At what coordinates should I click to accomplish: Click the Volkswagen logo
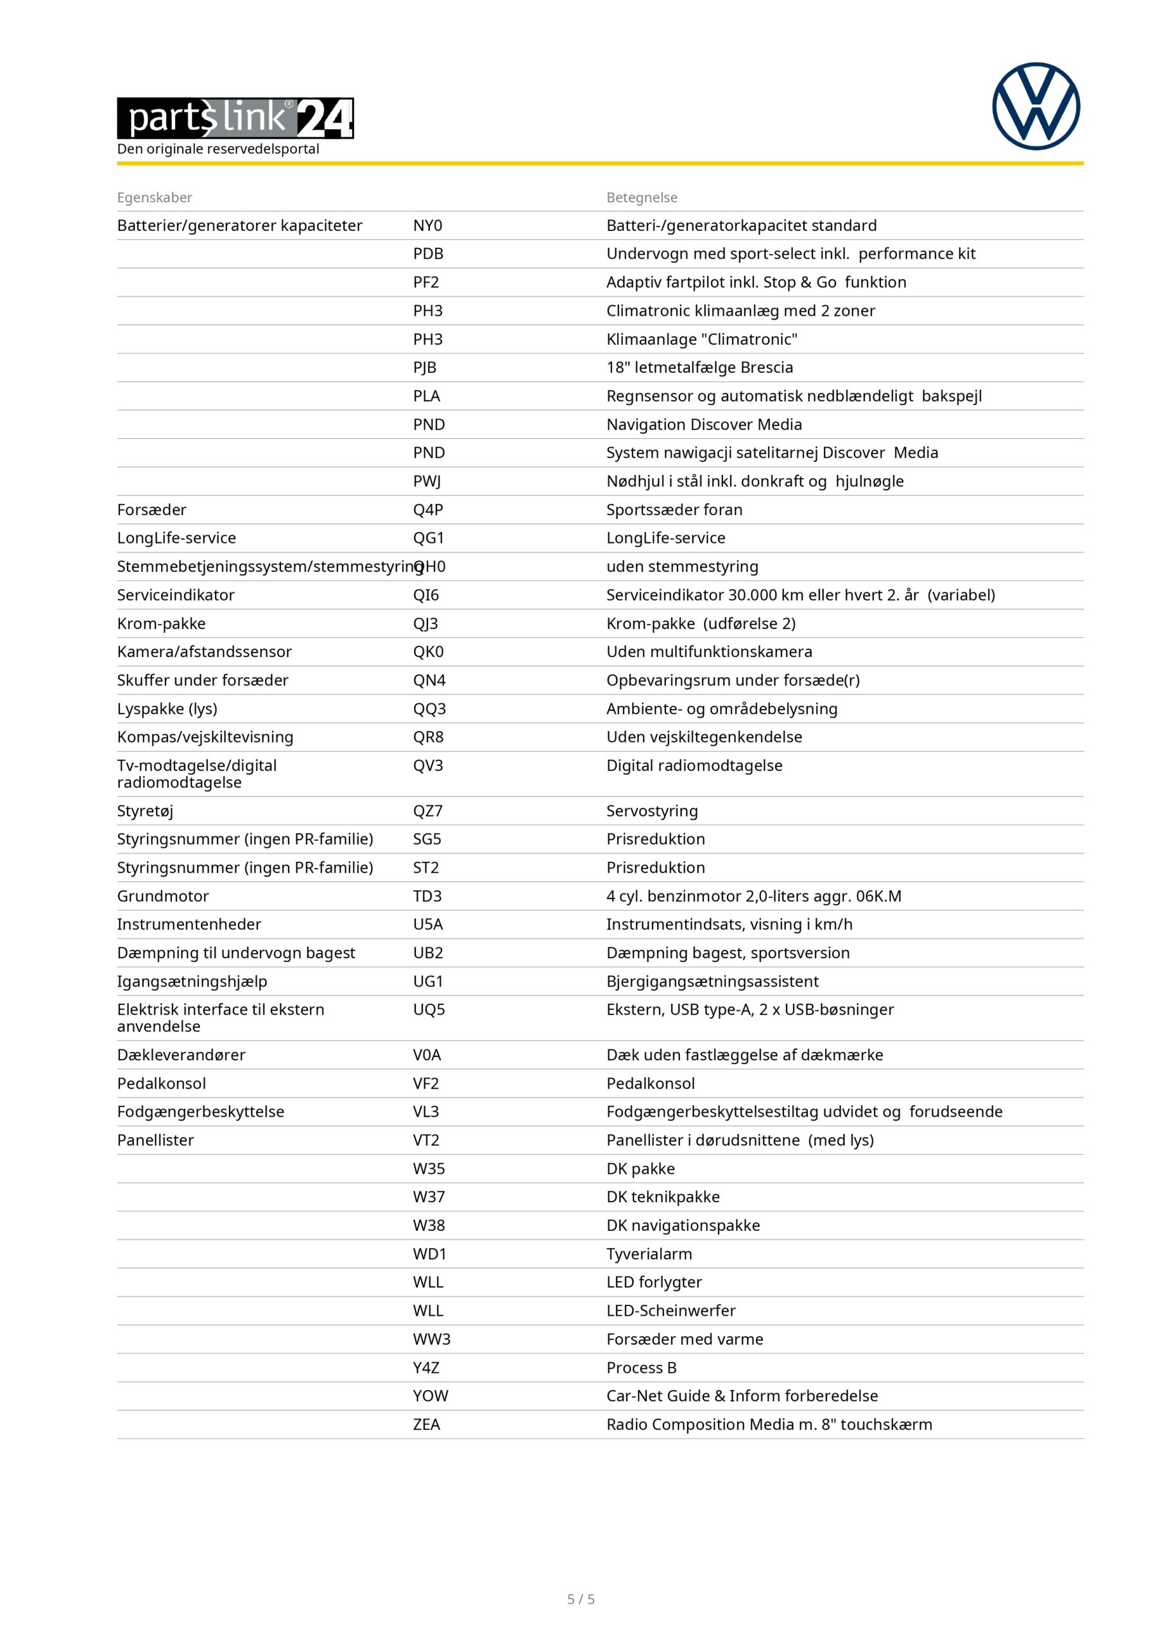click(x=1036, y=107)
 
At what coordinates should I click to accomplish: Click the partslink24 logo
click(x=235, y=118)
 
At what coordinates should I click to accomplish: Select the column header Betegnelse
click(x=641, y=198)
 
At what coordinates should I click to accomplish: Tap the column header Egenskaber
click(x=155, y=198)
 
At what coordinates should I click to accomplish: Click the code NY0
click(x=427, y=225)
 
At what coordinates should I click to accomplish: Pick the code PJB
click(x=424, y=368)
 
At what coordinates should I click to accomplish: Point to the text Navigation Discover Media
click(x=703, y=424)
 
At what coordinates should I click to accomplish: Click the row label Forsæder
click(x=151, y=510)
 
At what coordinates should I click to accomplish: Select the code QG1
click(x=428, y=538)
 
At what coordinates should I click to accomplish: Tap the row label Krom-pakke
click(x=161, y=623)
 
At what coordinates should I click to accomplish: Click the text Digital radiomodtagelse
click(x=694, y=766)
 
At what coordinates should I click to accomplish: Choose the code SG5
click(x=427, y=839)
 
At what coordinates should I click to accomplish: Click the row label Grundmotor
click(x=162, y=896)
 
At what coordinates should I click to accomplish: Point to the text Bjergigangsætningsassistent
click(x=712, y=981)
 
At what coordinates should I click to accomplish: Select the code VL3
click(x=426, y=1112)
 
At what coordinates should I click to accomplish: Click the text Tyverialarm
click(x=649, y=1253)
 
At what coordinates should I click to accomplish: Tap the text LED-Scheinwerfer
click(x=671, y=1311)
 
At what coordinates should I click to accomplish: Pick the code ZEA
click(x=426, y=1424)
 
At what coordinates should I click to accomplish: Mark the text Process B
click(x=641, y=1368)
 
